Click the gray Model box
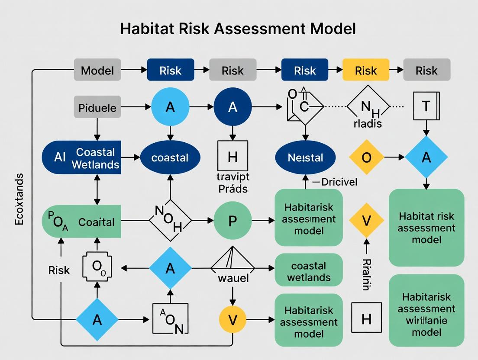[x=97, y=71]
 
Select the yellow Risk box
[x=366, y=71]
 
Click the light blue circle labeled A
[x=170, y=106]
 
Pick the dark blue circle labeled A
[x=233, y=106]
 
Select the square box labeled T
[x=426, y=106]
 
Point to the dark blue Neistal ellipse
[x=305, y=158]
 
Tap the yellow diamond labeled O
[x=366, y=157]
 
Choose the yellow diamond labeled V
[x=366, y=221]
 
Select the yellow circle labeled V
[x=233, y=320]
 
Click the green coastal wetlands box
[x=309, y=271]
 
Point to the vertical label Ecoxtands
[x=19, y=199]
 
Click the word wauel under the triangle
[x=233, y=277]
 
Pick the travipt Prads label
[x=233, y=183]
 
